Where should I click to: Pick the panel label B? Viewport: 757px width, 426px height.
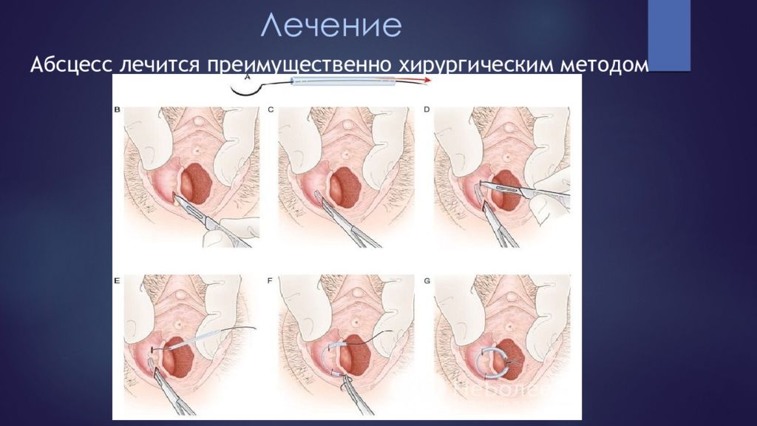118,110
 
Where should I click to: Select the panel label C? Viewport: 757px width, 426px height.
271,110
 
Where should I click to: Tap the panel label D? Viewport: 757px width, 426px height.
427,110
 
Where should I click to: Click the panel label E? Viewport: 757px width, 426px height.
118,281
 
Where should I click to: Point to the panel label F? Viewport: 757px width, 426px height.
271,281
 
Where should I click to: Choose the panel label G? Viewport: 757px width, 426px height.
427,281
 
